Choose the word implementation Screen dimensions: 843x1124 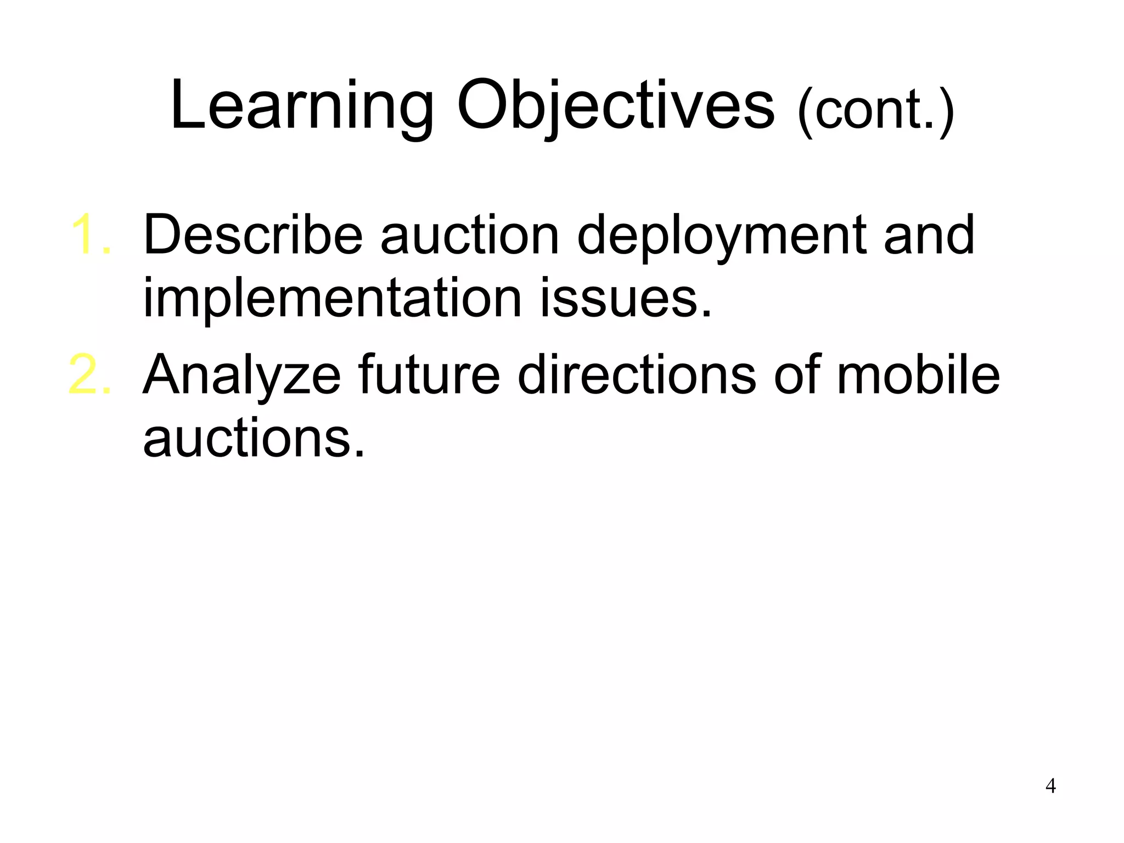[x=332, y=299]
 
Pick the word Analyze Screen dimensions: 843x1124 [x=242, y=376]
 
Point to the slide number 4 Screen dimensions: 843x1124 [x=1050, y=786]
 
